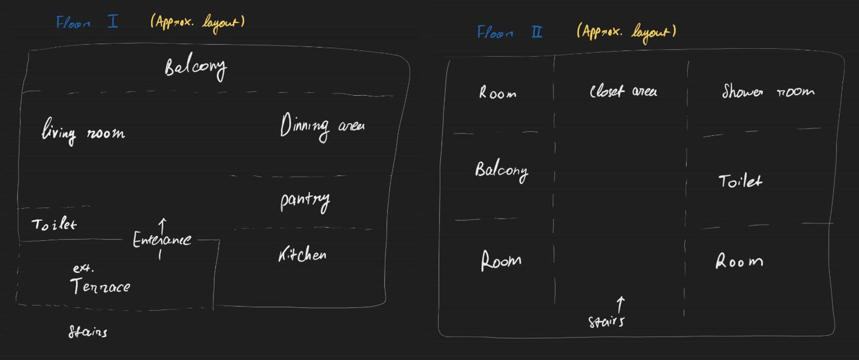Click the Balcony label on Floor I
click(x=196, y=68)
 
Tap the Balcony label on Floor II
click(x=502, y=171)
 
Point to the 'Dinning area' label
click(x=322, y=127)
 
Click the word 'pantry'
click(x=305, y=202)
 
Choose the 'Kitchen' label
click(x=302, y=254)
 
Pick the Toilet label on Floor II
click(x=740, y=181)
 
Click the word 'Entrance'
click(x=162, y=239)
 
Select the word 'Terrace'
click(x=100, y=286)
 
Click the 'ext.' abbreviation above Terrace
click(x=83, y=268)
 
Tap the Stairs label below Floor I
click(x=88, y=332)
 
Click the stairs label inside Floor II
click(x=606, y=322)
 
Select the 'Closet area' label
click(x=623, y=91)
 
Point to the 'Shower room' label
click(x=768, y=91)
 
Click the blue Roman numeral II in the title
click(x=537, y=32)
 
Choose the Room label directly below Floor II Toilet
click(x=739, y=261)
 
